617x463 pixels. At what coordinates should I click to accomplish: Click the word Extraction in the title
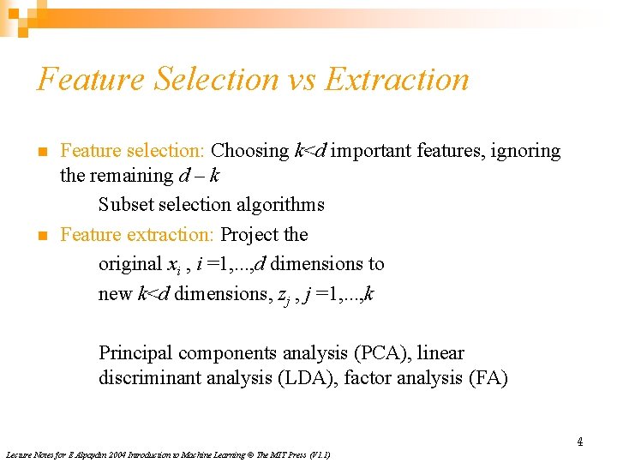[x=398, y=80]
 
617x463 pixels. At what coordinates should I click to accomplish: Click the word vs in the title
[x=302, y=80]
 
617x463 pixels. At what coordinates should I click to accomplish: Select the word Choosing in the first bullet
[x=250, y=151]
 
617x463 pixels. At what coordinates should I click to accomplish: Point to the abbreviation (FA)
[x=488, y=377]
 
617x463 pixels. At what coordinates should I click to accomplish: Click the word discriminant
[x=155, y=377]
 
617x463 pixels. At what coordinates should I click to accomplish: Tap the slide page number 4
[x=579, y=442]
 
